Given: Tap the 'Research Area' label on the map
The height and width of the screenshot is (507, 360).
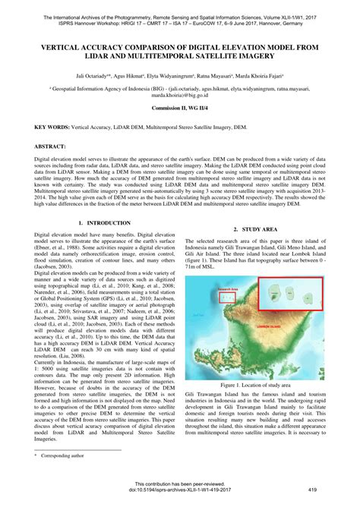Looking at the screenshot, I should (x=229, y=288).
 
